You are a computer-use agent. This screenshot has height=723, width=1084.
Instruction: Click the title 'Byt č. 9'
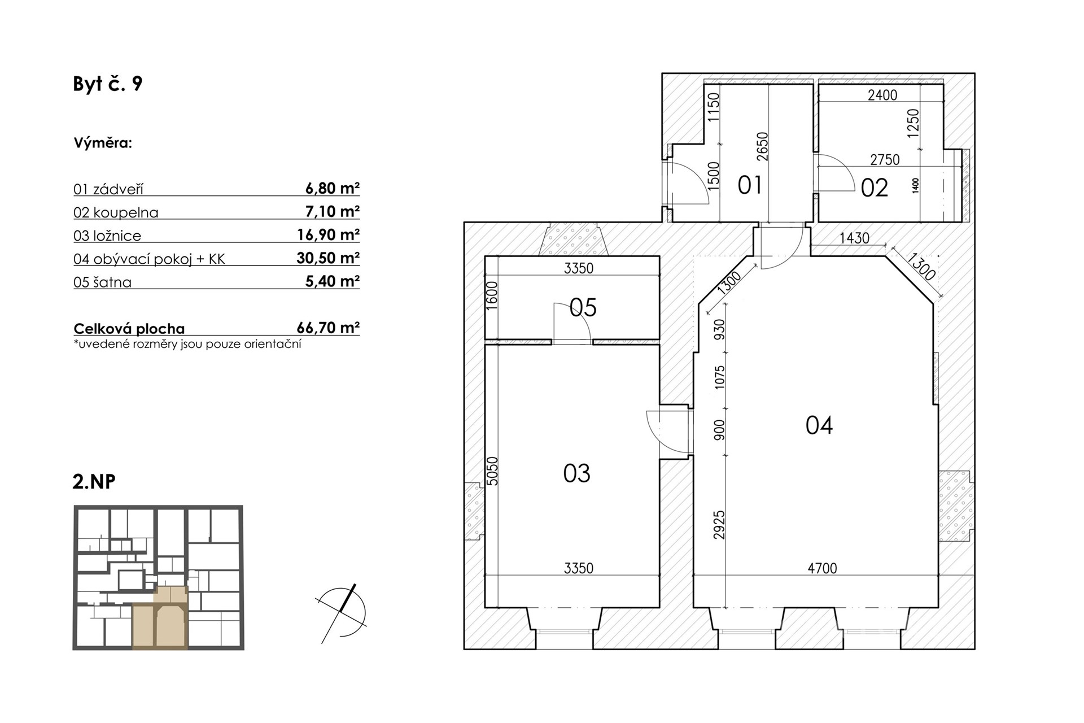tap(108, 84)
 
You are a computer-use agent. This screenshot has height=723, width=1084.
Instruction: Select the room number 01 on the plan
tap(750, 185)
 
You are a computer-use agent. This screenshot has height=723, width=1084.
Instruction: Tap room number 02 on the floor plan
tap(875, 188)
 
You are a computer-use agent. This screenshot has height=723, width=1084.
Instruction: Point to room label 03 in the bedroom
tap(576, 473)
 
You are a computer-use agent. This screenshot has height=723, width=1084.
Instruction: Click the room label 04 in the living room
tap(819, 425)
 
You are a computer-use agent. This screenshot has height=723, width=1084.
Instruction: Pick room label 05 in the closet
tap(583, 308)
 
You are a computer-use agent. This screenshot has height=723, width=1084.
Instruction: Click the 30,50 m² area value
tap(328, 258)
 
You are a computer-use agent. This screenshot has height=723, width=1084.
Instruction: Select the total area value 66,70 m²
tap(328, 328)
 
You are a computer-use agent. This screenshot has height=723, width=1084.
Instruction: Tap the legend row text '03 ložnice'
tap(107, 236)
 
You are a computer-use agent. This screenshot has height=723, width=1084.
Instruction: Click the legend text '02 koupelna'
tap(116, 212)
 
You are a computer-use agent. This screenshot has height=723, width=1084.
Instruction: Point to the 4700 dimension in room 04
tap(822, 568)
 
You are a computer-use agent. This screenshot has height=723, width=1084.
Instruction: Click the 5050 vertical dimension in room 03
tap(493, 471)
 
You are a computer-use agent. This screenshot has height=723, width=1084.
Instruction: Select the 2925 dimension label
tap(719, 525)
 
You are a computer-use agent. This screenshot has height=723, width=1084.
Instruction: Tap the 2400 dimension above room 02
tap(882, 95)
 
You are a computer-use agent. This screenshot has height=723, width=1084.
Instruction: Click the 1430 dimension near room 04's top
tap(854, 238)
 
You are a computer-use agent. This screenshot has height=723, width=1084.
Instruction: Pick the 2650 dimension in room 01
tap(763, 146)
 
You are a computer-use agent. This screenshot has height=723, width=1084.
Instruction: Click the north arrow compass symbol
tap(342, 613)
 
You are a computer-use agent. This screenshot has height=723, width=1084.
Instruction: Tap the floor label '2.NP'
tap(94, 482)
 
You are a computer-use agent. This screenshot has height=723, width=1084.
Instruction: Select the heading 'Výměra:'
tap(103, 143)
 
